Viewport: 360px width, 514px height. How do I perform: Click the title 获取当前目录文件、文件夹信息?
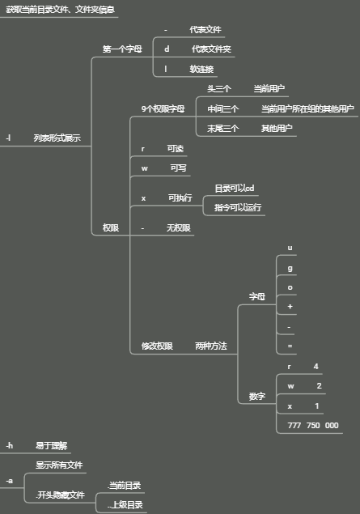61,10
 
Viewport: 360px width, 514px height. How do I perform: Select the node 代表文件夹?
211,49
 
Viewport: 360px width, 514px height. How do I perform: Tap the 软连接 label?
201,69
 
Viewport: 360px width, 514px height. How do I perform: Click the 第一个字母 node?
122,49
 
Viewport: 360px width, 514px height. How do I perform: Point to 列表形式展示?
57,138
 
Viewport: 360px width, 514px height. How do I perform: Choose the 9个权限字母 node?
163,108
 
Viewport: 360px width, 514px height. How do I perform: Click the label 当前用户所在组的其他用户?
307,108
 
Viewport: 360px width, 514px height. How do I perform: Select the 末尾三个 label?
222,128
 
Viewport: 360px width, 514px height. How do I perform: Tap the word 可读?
176,149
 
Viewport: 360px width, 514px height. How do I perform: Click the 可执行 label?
180,198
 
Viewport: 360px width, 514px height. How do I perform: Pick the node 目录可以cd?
235,188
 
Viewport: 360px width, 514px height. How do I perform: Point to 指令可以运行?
238,207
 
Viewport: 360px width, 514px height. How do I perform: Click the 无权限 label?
179,227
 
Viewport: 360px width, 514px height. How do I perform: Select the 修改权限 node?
157,346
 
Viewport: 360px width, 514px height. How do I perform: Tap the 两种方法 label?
211,346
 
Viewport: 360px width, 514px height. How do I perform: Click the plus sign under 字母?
290,307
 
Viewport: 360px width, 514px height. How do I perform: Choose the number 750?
313,426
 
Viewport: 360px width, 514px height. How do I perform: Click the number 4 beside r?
316,367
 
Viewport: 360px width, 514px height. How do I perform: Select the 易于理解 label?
52,446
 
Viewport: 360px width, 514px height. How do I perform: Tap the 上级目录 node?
125,505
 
